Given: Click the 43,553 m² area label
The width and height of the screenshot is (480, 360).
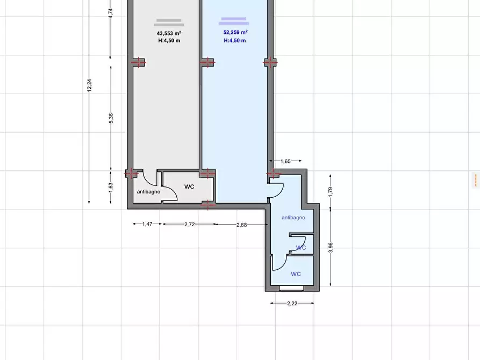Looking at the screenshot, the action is tap(169, 33).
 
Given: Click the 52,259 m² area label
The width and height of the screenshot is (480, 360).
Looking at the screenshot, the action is tap(235, 32).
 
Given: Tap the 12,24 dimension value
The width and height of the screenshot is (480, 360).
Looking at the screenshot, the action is tap(89, 85).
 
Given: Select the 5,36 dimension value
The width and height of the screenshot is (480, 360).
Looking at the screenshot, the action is tap(111, 118).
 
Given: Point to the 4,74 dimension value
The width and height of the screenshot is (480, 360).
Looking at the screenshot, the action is tap(111, 13).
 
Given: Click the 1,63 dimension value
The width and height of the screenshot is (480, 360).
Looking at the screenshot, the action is tap(111, 188).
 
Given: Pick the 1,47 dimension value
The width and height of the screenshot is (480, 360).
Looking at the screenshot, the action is tap(147, 224).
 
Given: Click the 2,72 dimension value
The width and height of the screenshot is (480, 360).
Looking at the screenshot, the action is tap(190, 225).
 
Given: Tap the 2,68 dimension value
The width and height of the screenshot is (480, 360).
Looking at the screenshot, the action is tap(241, 225).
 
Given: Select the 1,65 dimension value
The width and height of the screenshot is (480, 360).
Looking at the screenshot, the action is tap(285, 161).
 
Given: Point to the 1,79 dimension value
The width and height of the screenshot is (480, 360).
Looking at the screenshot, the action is tap(331, 192).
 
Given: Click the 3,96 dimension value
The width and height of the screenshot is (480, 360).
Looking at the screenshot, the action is tap(331, 248).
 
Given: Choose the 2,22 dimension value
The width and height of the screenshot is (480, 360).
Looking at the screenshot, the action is tap(292, 304).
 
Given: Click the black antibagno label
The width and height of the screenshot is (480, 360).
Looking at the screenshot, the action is tap(148, 192).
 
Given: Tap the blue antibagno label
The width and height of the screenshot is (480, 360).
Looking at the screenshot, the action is tap(293, 218).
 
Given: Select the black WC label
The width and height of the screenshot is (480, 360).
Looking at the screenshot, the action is tap(189, 187).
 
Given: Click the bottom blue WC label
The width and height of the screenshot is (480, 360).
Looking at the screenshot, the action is tap(296, 274).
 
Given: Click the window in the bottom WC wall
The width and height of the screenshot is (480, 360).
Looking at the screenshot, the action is tap(291, 289).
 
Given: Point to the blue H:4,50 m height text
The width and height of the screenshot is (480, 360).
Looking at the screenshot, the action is tap(235, 40).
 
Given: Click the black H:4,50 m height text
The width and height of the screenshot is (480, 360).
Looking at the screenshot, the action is tap(169, 40).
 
